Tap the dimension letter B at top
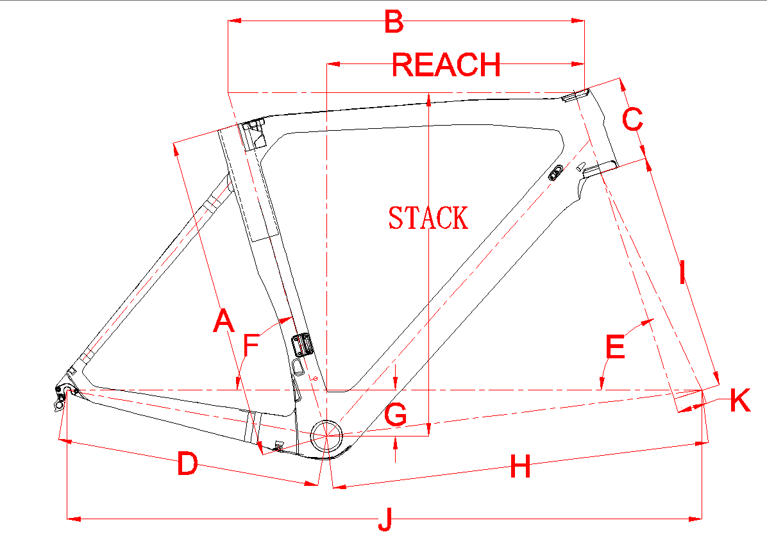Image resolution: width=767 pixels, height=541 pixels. click(393, 22)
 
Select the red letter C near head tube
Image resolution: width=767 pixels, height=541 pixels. click(632, 120)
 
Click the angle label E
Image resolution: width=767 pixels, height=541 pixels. click(615, 348)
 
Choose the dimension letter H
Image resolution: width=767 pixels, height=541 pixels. click(520, 467)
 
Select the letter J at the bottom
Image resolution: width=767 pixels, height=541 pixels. click(385, 519)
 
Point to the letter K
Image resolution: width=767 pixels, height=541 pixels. click(740, 401)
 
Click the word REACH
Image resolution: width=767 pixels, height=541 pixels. click(446, 64)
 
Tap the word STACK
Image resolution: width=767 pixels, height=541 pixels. click(428, 218)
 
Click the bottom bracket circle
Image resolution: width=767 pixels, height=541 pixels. click(326, 434)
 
